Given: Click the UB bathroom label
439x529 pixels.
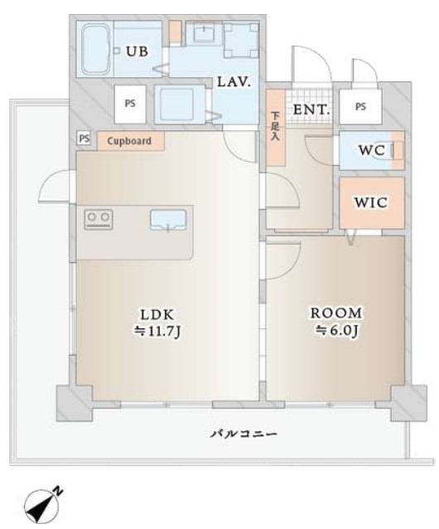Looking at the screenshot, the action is click(137, 51).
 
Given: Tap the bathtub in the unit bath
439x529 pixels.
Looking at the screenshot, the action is click(96, 49).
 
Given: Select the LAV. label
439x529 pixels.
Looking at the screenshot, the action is click(234, 82).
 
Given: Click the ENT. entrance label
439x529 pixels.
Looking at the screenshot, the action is click(311, 109).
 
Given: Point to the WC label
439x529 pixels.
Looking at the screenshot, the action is click(372, 150).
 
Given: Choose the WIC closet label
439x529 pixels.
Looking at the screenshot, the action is click(370, 202).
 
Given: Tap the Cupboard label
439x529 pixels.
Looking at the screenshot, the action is click(129, 141).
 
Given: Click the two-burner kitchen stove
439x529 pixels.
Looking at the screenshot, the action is click(99, 219).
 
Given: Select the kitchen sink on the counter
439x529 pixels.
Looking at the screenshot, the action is click(168, 220).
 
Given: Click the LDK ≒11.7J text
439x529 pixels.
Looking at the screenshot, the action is click(157, 323).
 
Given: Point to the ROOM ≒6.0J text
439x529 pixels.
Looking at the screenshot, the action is click(336, 322).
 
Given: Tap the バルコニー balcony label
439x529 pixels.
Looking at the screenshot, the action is click(244, 433).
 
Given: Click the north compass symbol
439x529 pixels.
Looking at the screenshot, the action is click(44, 506).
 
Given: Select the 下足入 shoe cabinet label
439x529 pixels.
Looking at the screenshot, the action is click(276, 127).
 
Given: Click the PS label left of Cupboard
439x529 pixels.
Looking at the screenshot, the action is click(84, 138).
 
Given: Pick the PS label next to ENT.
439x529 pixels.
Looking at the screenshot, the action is click(360, 107).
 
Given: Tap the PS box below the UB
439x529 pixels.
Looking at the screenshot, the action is click(130, 104).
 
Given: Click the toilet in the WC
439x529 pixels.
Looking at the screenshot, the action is click(396, 150).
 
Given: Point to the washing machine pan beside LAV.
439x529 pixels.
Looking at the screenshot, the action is click(180, 104).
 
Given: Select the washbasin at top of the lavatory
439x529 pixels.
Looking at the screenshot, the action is click(204, 32).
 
